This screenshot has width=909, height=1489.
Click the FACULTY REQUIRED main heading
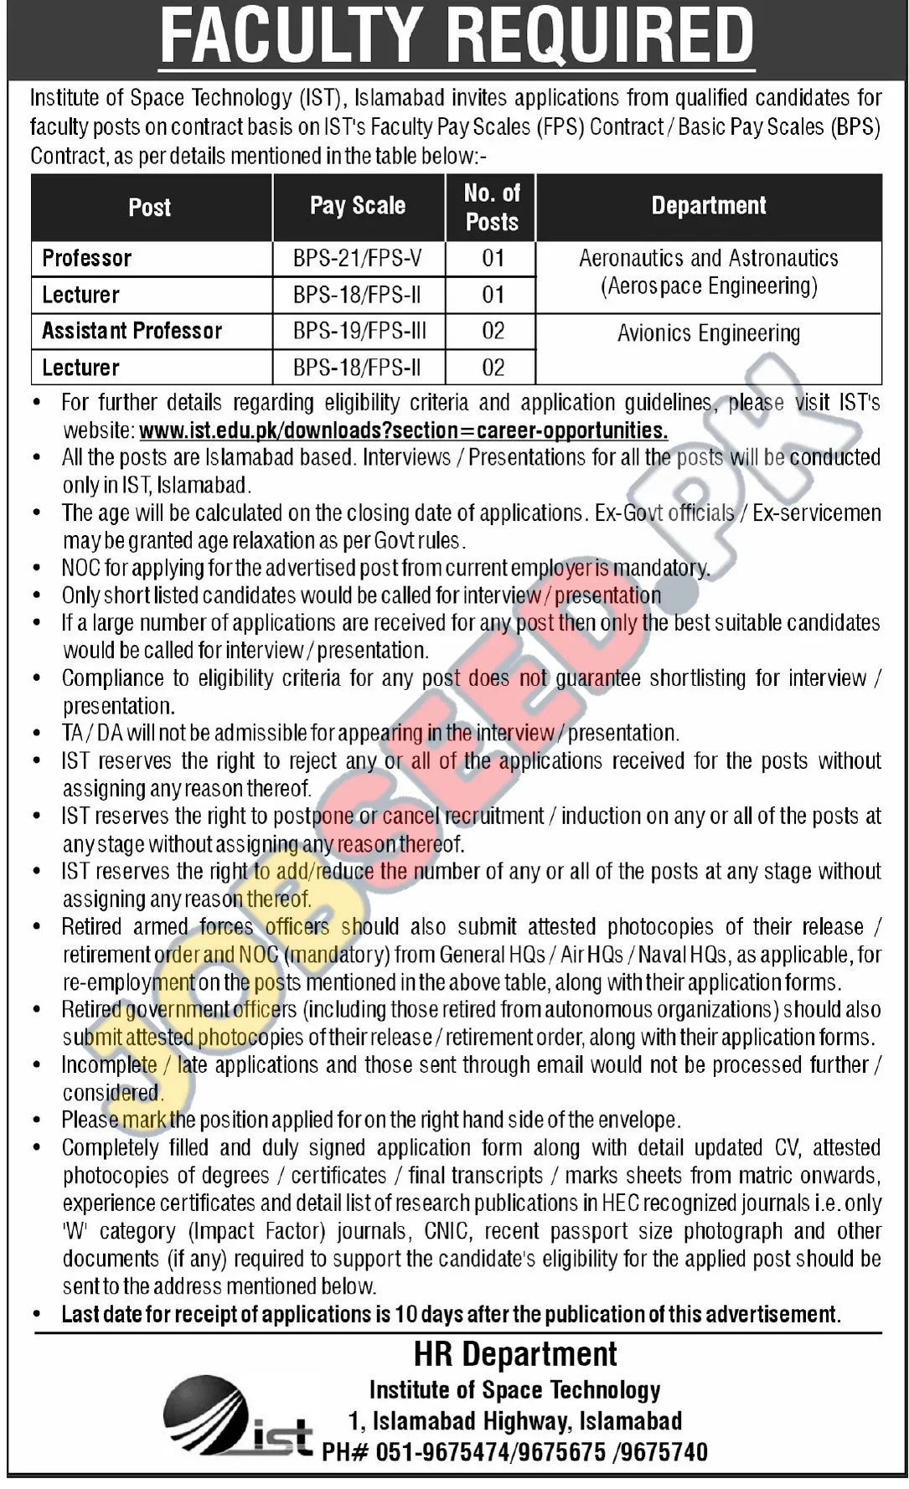coord(457,36)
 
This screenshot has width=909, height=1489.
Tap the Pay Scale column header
coord(358,206)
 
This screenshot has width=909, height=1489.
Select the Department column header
coord(709,206)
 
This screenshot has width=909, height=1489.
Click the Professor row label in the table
coord(87,258)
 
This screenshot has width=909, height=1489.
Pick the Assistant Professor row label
coord(132,331)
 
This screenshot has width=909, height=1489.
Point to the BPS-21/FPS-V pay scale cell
coord(358,258)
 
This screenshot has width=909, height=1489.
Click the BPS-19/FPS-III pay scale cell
coord(359,331)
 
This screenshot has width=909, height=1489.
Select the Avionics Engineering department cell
coord(709,333)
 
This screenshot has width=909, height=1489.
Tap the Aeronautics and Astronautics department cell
coord(709,271)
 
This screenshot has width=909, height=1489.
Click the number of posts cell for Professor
coord(493,258)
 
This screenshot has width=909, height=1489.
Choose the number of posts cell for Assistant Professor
coord(493,331)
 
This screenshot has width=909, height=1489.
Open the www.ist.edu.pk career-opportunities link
coord(403,430)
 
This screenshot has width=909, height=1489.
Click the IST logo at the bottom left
coord(237,1418)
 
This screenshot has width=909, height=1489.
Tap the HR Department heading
coord(515,1354)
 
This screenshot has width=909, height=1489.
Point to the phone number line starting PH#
coord(514,1451)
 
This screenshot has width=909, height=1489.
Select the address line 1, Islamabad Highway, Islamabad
coord(514,1420)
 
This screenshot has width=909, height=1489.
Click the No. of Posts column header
coord(492,208)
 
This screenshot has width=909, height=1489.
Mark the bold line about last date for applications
coord(451,1314)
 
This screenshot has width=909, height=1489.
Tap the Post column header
coord(150,208)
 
